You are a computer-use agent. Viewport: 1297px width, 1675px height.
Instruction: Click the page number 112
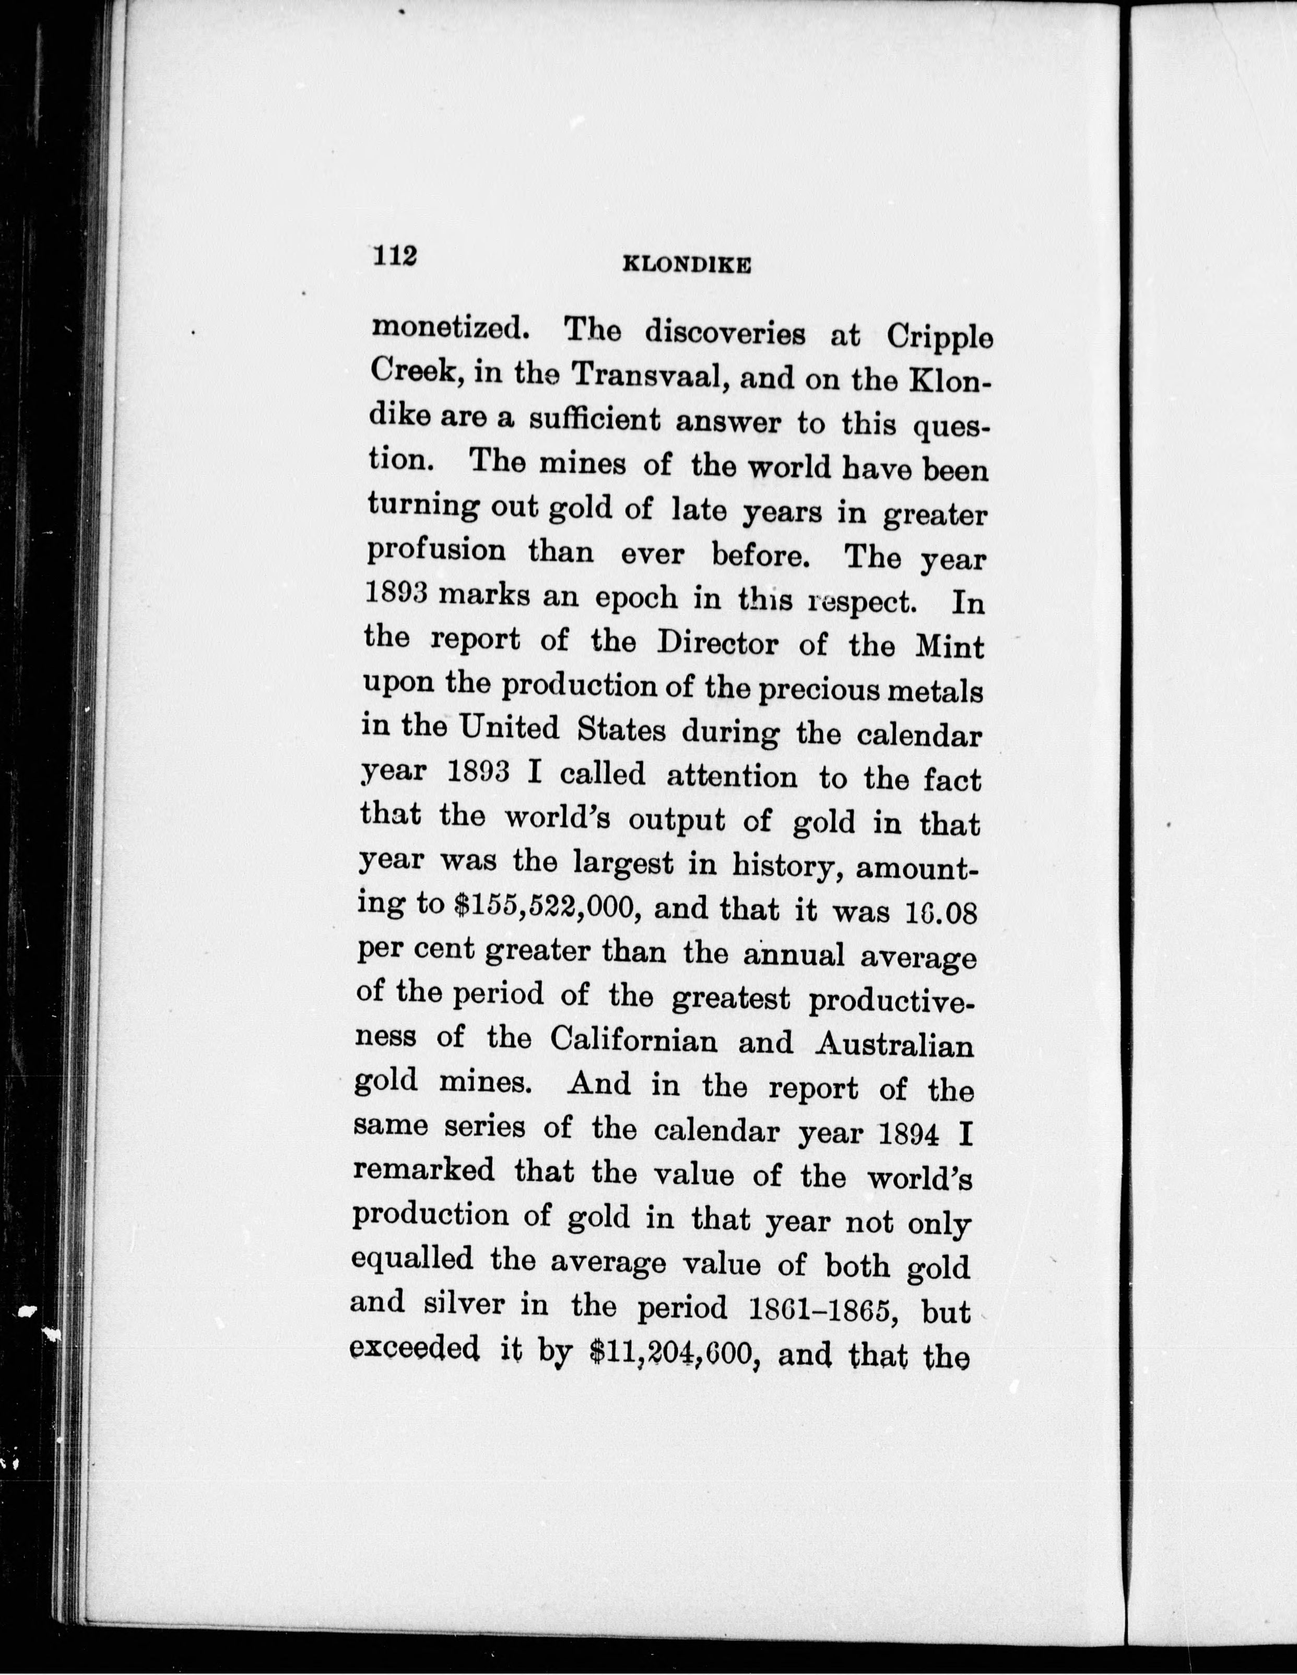click(394, 256)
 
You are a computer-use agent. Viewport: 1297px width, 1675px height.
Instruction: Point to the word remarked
click(423, 1171)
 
